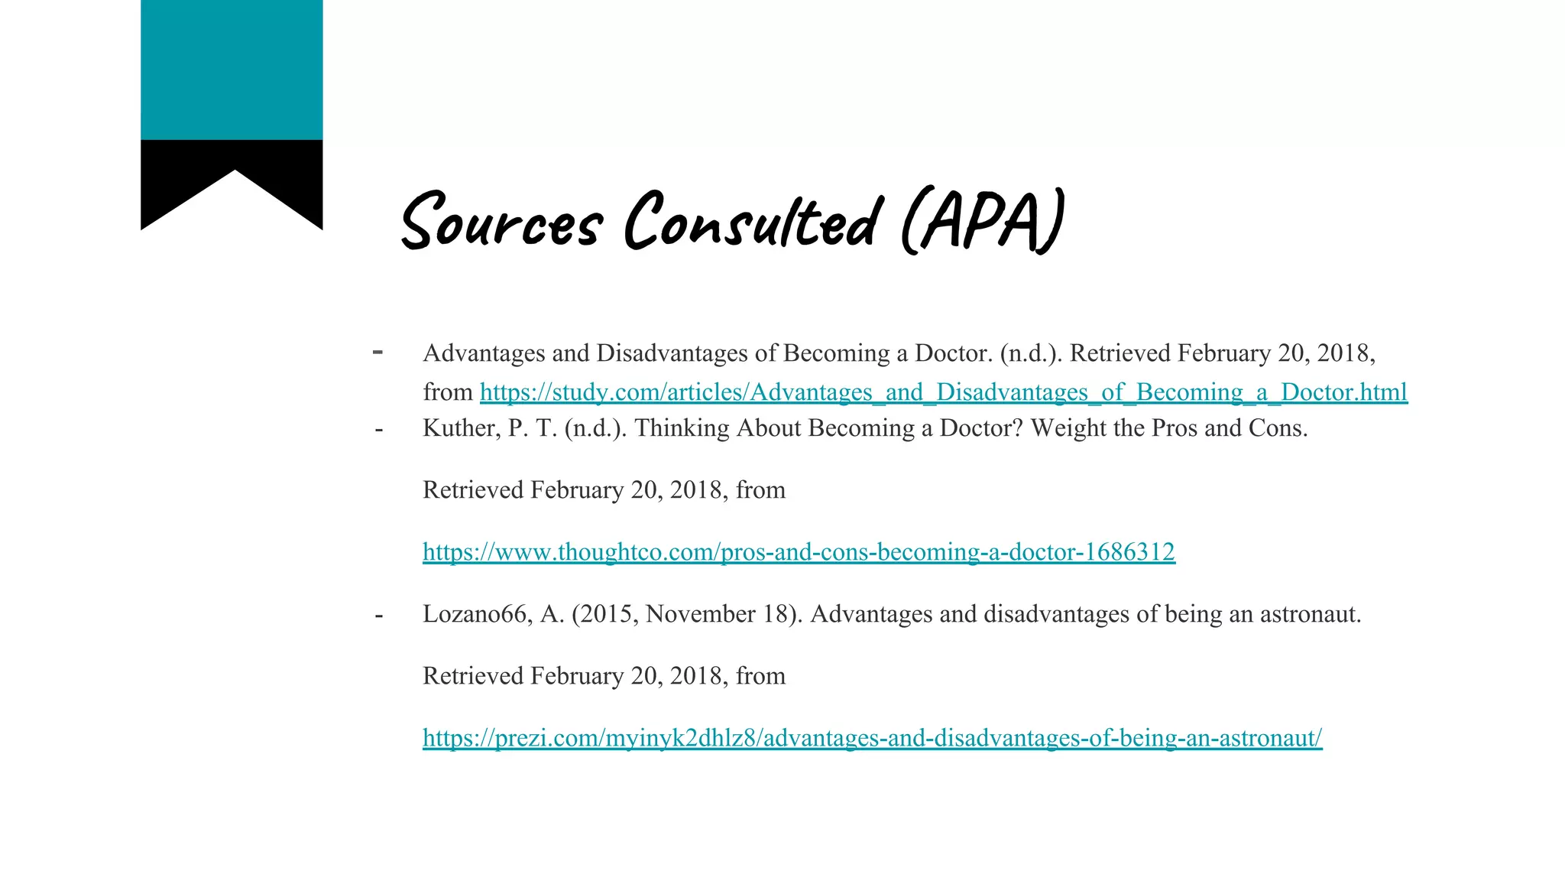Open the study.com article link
pos(943,392)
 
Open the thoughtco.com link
pos(799,551)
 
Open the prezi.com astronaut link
pos(872,738)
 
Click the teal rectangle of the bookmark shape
pos(232,70)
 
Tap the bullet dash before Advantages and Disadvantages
pos(377,353)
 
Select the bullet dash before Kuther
pos(379,429)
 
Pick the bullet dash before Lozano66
pos(379,615)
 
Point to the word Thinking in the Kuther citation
pos(682,428)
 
